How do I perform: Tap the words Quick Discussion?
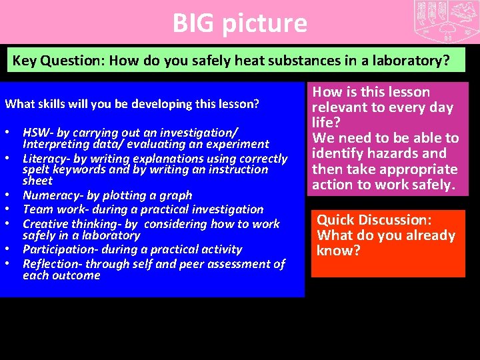pyautogui.click(x=374, y=219)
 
